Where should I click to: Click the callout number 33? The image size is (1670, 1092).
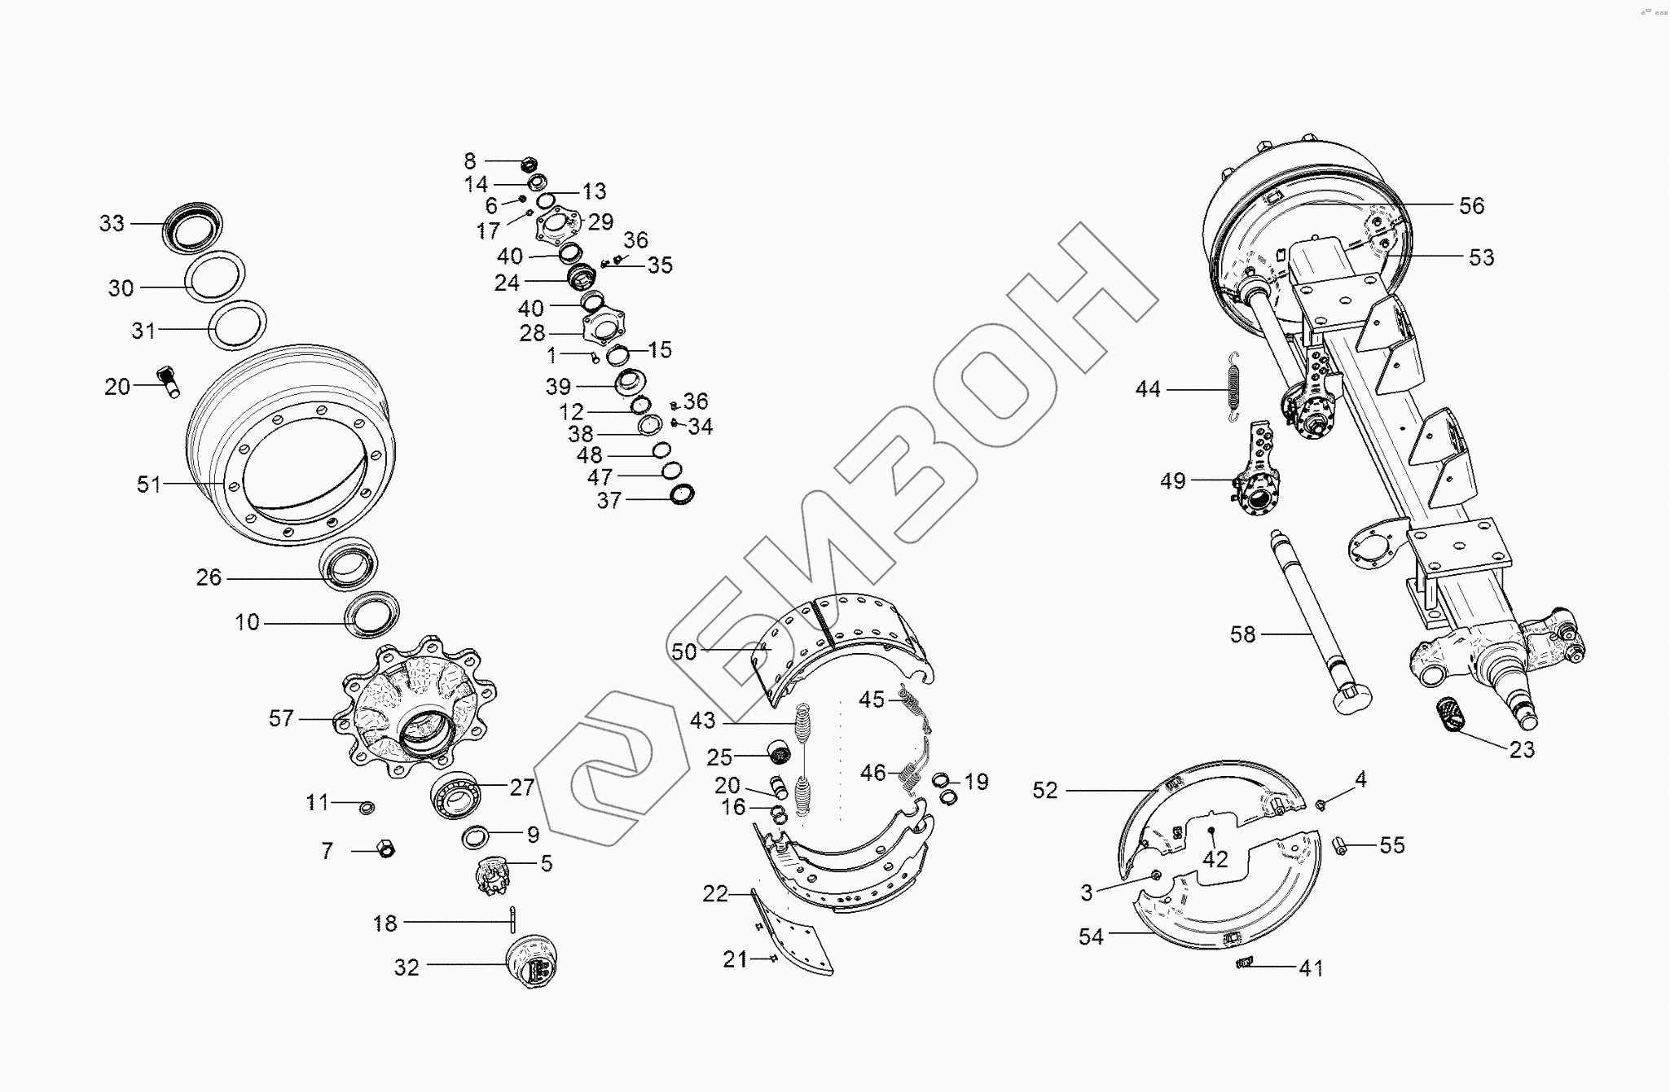(112, 223)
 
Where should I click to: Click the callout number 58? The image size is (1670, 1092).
(1242, 634)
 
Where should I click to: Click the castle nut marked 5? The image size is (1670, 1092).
(491, 875)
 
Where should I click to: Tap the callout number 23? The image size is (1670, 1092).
(1521, 749)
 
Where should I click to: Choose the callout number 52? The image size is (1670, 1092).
(1044, 791)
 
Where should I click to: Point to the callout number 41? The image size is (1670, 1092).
(1311, 968)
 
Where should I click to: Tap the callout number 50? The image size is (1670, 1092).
(684, 651)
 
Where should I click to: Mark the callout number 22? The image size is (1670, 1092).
(714, 894)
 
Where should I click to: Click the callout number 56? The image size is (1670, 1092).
(1471, 206)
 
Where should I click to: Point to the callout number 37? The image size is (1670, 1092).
(609, 501)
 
